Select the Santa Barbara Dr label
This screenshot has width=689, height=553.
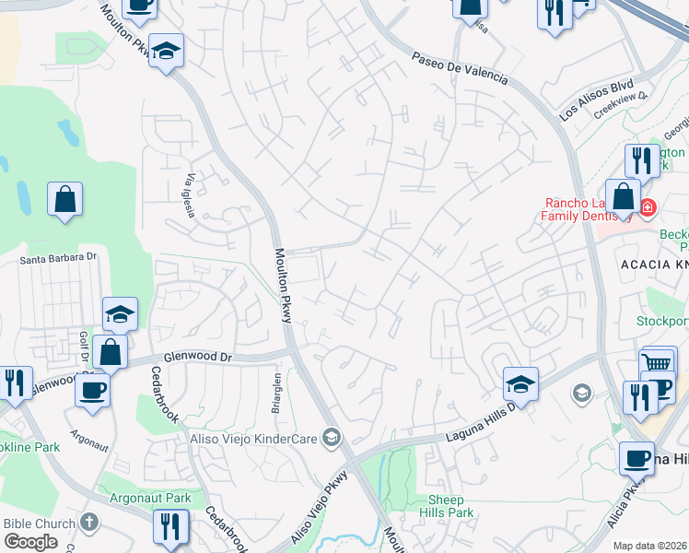(58, 259)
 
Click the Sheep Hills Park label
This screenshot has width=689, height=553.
(447, 506)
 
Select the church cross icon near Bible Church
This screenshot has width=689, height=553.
(88, 523)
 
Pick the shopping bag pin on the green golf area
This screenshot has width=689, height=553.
(64, 198)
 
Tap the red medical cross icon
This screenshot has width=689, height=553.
(647, 208)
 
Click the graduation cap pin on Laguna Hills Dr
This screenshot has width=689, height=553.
(520, 384)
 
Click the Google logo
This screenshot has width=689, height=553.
(30, 542)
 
